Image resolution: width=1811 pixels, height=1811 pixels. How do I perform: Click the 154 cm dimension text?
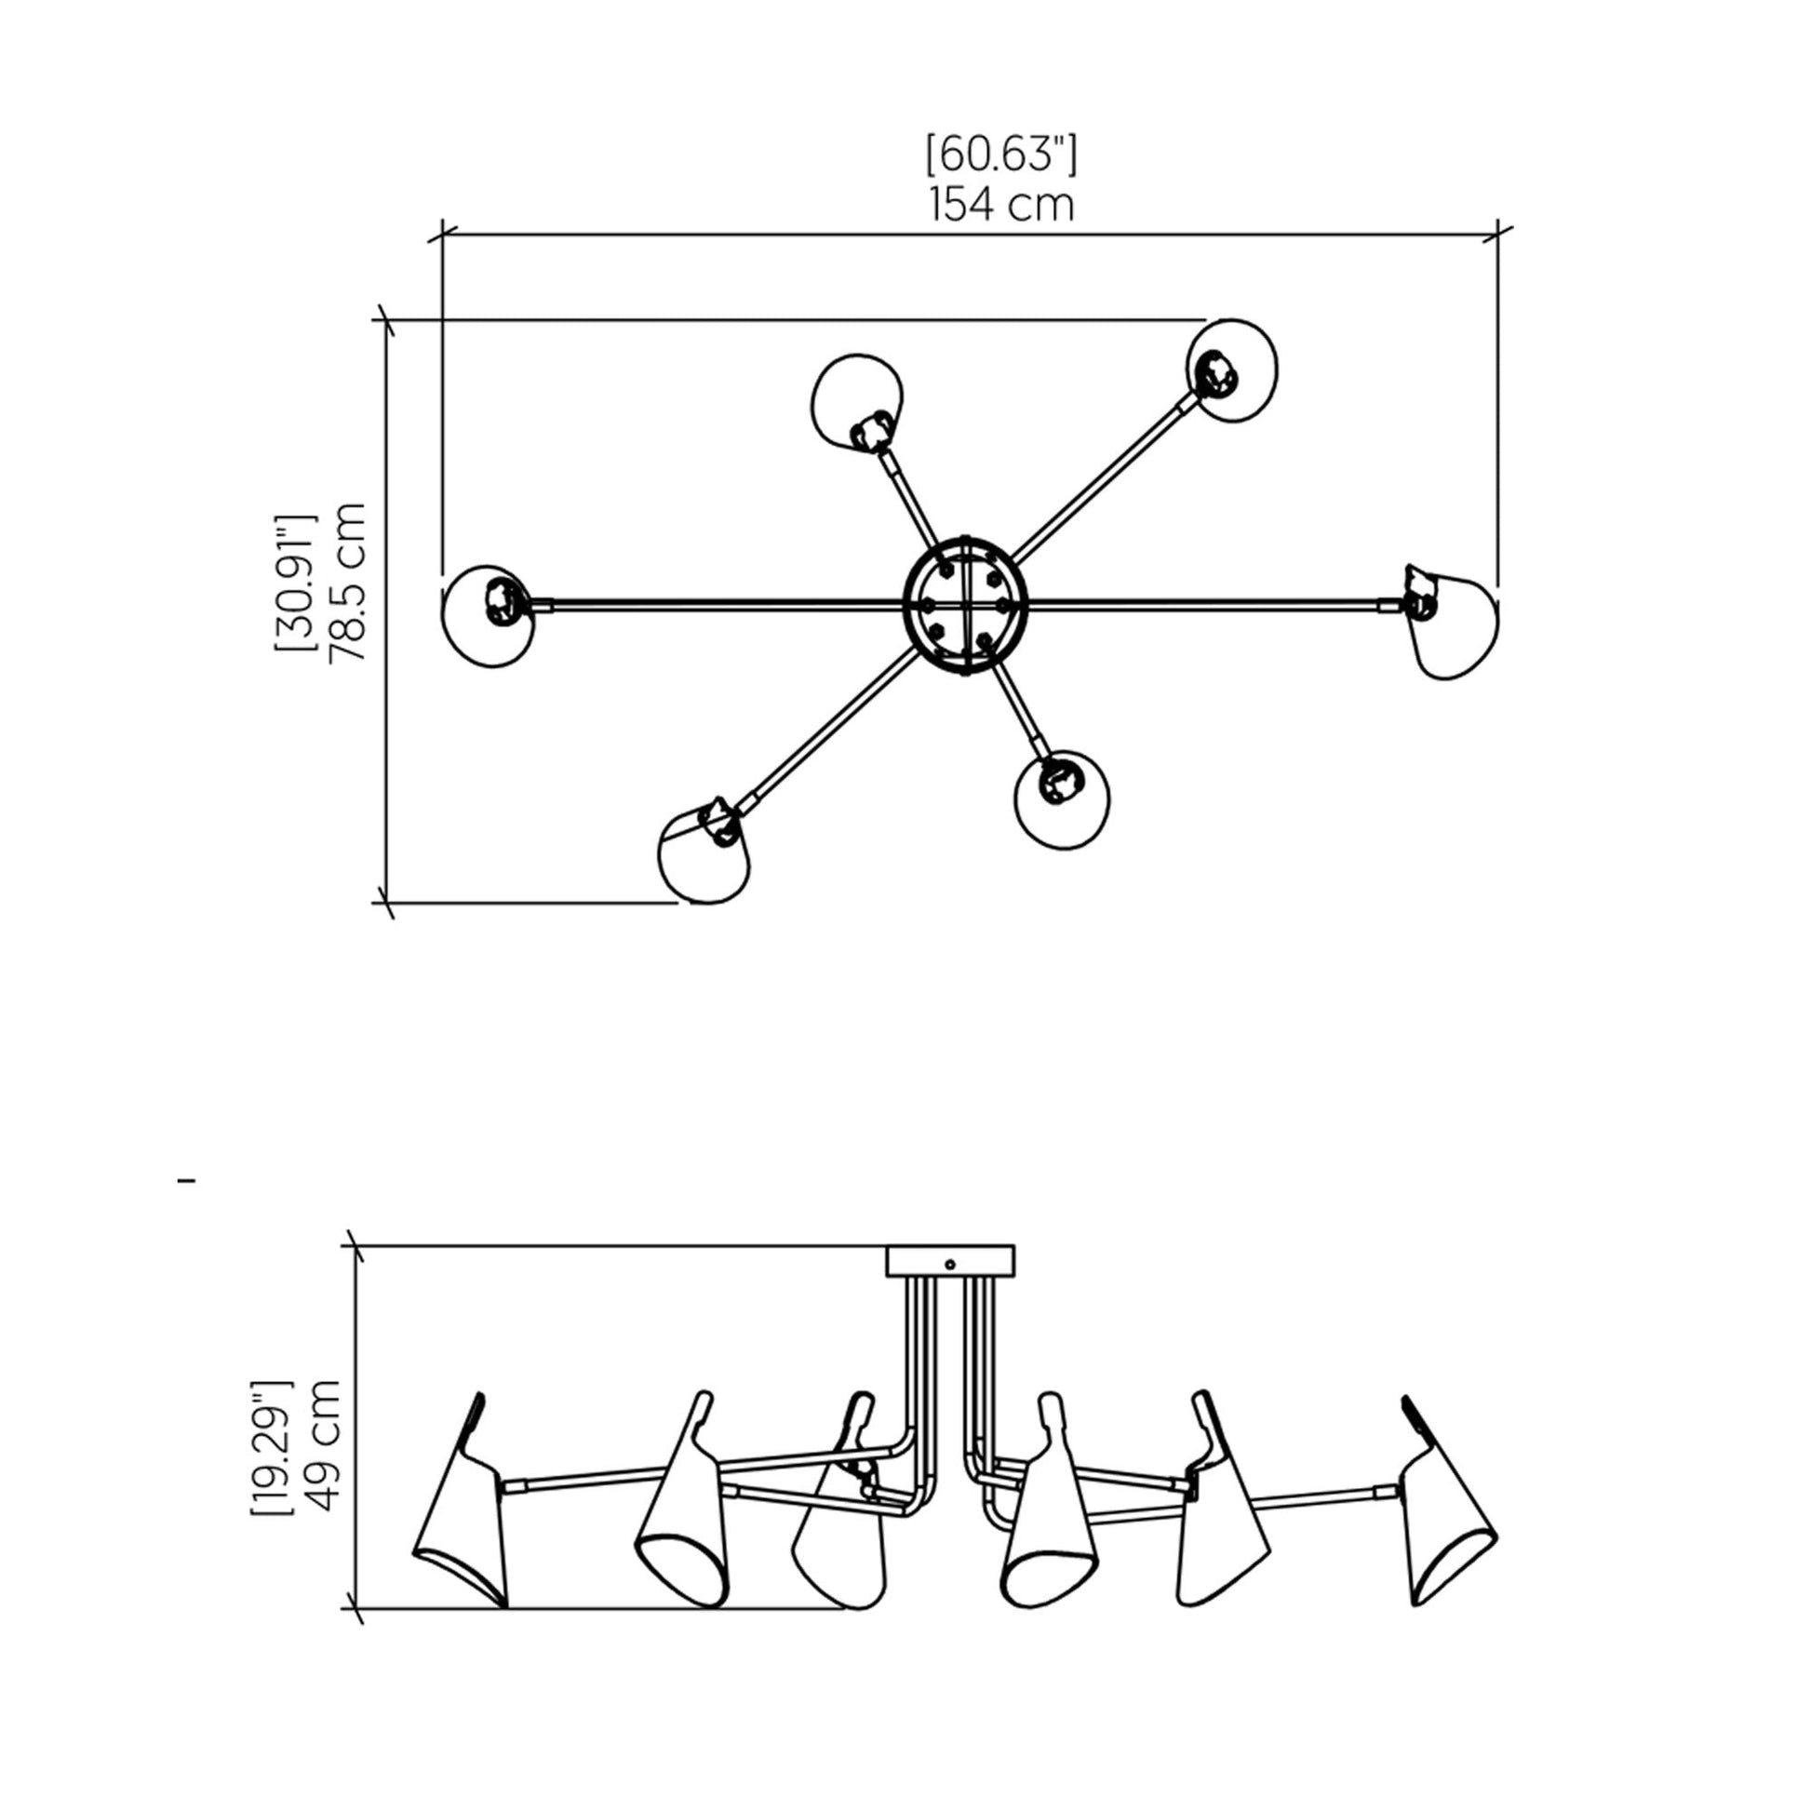(1001, 206)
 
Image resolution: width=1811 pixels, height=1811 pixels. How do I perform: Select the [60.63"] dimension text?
(1001, 154)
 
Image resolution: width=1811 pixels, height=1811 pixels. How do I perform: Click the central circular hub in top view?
(964, 605)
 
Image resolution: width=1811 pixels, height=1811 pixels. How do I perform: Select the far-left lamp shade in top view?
(489, 617)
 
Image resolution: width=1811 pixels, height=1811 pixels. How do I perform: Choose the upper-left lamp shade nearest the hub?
(857, 402)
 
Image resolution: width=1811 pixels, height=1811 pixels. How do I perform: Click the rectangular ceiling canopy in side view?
(949, 1261)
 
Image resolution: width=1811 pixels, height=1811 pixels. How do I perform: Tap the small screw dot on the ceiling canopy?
(949, 1265)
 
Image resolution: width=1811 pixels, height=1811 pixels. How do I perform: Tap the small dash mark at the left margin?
(186, 1182)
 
